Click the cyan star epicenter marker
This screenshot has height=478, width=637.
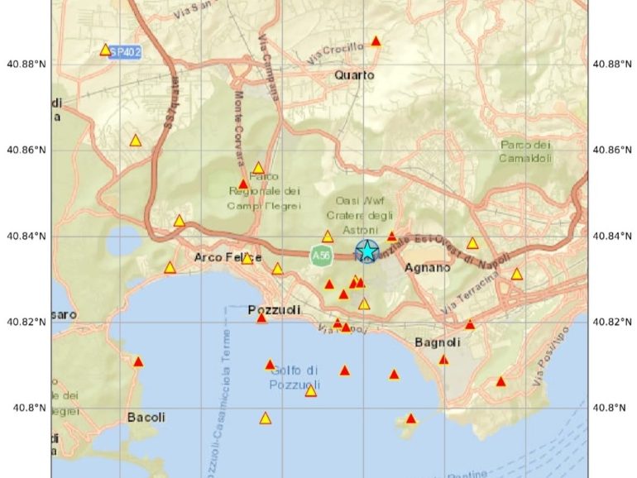click(366, 251)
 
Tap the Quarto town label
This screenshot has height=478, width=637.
click(354, 75)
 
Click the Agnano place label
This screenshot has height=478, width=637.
click(428, 268)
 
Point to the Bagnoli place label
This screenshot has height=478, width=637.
click(435, 342)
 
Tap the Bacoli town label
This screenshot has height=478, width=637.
click(146, 418)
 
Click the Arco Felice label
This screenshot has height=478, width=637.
click(221, 257)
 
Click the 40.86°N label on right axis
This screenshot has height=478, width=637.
click(611, 150)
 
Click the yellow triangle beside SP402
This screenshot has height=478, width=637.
click(105, 50)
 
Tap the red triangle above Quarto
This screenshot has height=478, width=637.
click(376, 41)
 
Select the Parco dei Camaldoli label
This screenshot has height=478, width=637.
click(524, 151)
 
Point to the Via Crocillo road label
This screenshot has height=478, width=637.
click(335, 54)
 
